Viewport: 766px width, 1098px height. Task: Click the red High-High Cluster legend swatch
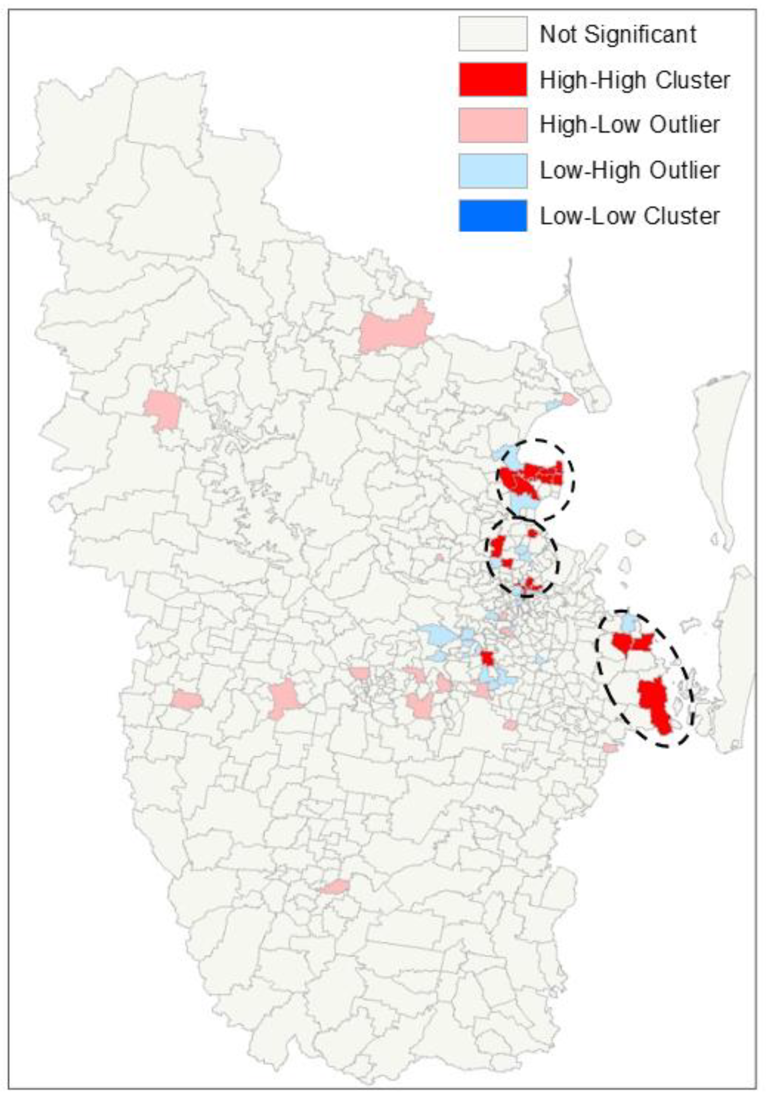(x=493, y=79)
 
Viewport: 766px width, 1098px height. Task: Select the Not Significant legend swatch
(x=493, y=34)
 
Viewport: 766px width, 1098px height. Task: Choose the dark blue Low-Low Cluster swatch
(x=493, y=216)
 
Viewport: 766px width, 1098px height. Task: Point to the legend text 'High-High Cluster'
(x=635, y=80)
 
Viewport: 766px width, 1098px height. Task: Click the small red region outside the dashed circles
(x=487, y=658)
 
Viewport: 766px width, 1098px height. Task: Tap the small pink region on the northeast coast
(x=569, y=399)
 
